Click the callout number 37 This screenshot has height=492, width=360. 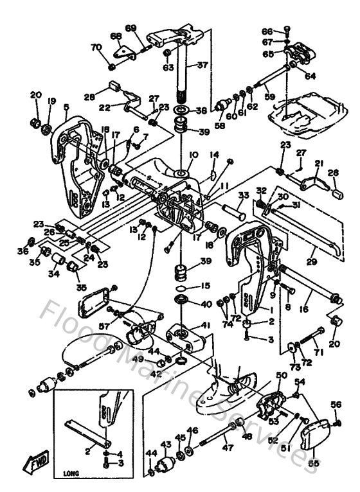click(x=203, y=65)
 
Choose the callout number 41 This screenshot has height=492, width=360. click(x=205, y=326)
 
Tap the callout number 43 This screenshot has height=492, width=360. click(x=165, y=444)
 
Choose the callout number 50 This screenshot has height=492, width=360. click(x=281, y=374)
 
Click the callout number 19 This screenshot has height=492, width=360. click(x=51, y=101)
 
